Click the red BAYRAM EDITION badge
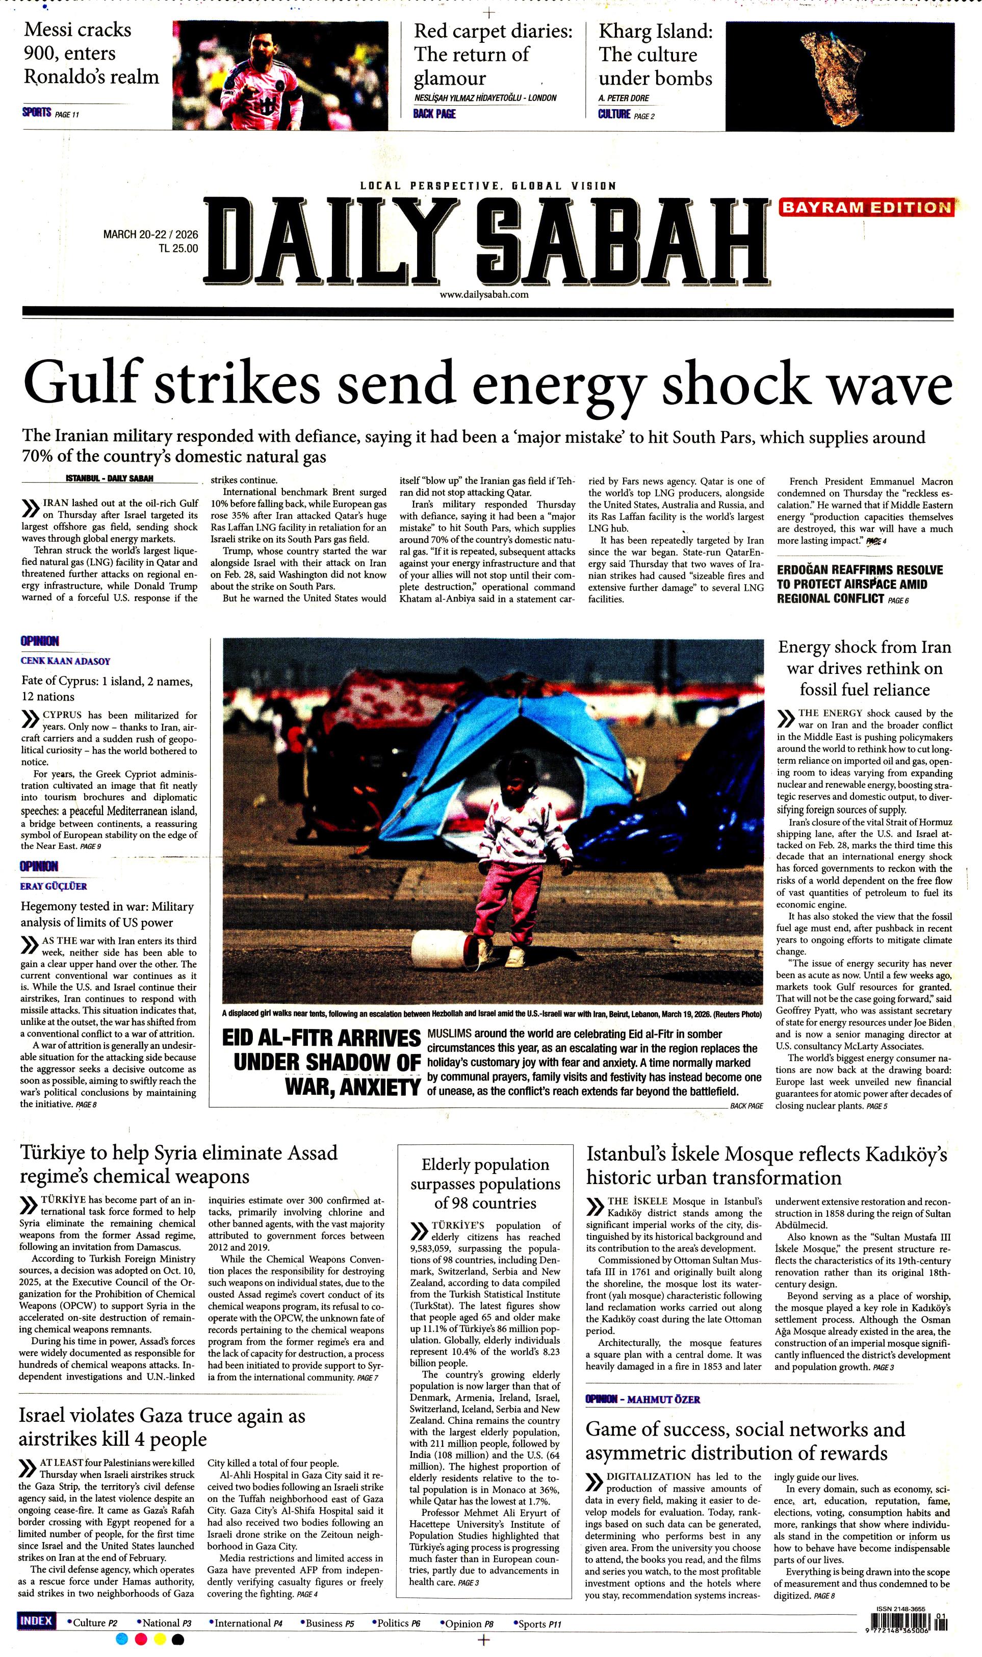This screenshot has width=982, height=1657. coord(866,207)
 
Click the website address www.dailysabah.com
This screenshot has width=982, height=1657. coord(484,295)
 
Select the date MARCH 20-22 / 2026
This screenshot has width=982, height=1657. coord(150,235)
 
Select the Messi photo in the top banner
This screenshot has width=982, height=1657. coord(280,76)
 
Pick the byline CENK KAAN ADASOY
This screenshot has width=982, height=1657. coord(65,661)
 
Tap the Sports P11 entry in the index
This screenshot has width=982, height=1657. coord(537,1623)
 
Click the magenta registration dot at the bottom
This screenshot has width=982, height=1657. coord(140,1639)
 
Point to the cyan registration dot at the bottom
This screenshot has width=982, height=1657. coord(121,1639)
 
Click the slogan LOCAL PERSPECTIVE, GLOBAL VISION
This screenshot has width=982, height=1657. coord(488,186)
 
